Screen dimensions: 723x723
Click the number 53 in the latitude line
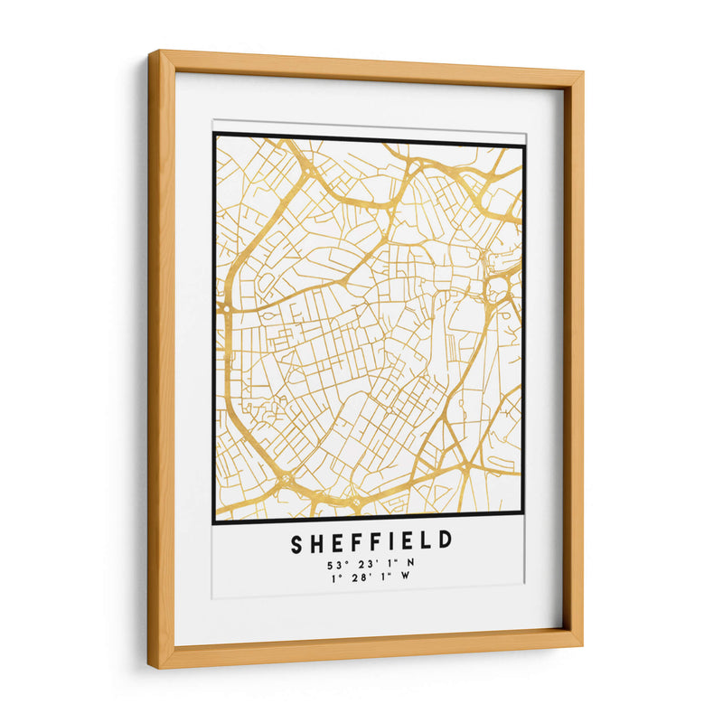335,566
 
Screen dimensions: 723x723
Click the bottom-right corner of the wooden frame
582,644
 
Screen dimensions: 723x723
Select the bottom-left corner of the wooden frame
151,669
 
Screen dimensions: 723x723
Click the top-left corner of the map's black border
215,135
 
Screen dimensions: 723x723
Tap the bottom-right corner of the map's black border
524,512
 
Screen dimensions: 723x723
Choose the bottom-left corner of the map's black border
215,522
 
